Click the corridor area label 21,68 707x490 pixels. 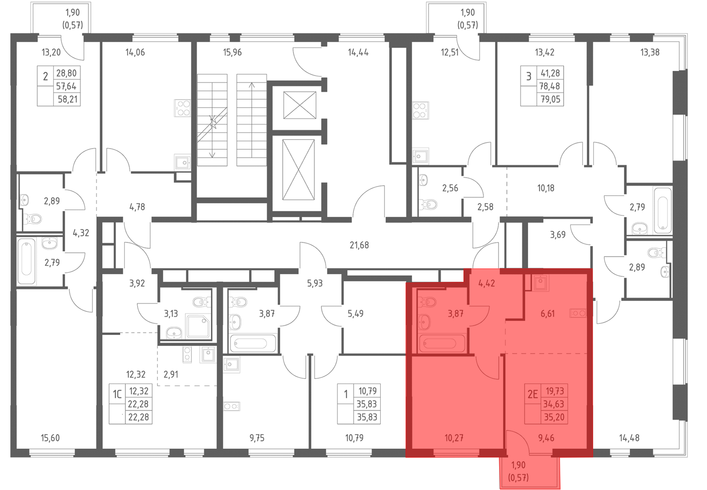coord(359,245)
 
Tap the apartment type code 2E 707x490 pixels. coord(532,394)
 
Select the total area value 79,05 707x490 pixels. coord(550,99)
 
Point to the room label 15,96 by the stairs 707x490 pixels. coord(232,52)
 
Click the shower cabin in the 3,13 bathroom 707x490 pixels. coord(198,326)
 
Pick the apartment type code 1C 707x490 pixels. coord(117,394)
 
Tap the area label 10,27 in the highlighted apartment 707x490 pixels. coord(454,438)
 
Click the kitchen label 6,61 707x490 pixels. coord(548,314)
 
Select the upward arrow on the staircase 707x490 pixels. coord(252,120)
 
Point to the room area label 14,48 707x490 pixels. coord(629,438)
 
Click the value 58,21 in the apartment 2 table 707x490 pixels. coord(68,99)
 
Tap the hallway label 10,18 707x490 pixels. coord(546,188)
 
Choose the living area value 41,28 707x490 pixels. coord(550,73)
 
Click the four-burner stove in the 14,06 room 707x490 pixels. coord(182,108)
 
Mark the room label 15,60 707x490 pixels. coord(50,438)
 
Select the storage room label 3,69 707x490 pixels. coord(558,235)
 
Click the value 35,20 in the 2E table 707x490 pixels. coord(554,418)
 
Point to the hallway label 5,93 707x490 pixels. coord(315,283)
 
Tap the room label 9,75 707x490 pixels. coord(257,438)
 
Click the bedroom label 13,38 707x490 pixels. coord(650,52)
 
